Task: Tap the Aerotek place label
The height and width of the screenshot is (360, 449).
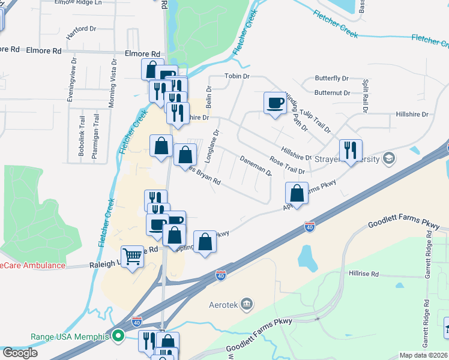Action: (x=223, y=304)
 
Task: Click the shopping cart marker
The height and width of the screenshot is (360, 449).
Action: (x=132, y=257)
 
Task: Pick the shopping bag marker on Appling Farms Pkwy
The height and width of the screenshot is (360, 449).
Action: (x=297, y=193)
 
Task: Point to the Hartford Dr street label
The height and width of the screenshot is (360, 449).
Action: (x=81, y=29)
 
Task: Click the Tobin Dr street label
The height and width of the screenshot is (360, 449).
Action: (x=237, y=76)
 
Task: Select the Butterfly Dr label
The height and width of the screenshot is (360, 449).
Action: (x=332, y=79)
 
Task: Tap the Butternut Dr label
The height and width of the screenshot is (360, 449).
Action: (x=332, y=93)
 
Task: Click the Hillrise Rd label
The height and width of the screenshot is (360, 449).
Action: (x=364, y=274)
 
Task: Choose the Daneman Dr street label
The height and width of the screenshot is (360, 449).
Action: (x=256, y=166)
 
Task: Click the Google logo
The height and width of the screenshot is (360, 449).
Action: (x=19, y=353)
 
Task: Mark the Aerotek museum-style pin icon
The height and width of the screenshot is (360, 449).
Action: (x=246, y=304)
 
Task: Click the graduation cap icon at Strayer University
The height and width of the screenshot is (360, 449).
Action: (x=388, y=158)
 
